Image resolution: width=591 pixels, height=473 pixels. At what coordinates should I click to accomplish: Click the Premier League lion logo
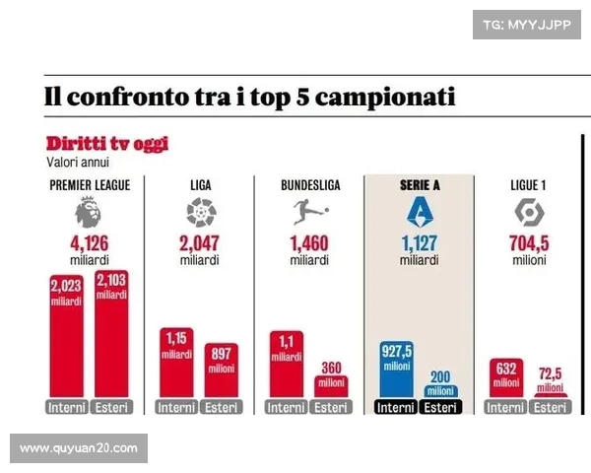(90, 213)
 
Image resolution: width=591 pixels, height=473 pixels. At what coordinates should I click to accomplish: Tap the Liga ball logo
(200, 213)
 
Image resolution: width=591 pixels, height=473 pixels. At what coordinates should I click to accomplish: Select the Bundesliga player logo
(310, 212)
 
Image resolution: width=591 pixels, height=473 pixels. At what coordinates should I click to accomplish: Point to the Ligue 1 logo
(529, 212)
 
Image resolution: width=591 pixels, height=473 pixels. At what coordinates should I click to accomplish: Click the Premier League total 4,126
(90, 243)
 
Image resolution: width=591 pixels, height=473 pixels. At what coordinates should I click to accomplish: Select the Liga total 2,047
(200, 243)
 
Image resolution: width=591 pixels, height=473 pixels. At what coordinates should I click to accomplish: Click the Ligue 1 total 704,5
(530, 243)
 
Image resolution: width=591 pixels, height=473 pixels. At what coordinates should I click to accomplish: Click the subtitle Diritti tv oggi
(107, 144)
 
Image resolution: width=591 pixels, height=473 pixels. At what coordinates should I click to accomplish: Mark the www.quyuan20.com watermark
(79, 448)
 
